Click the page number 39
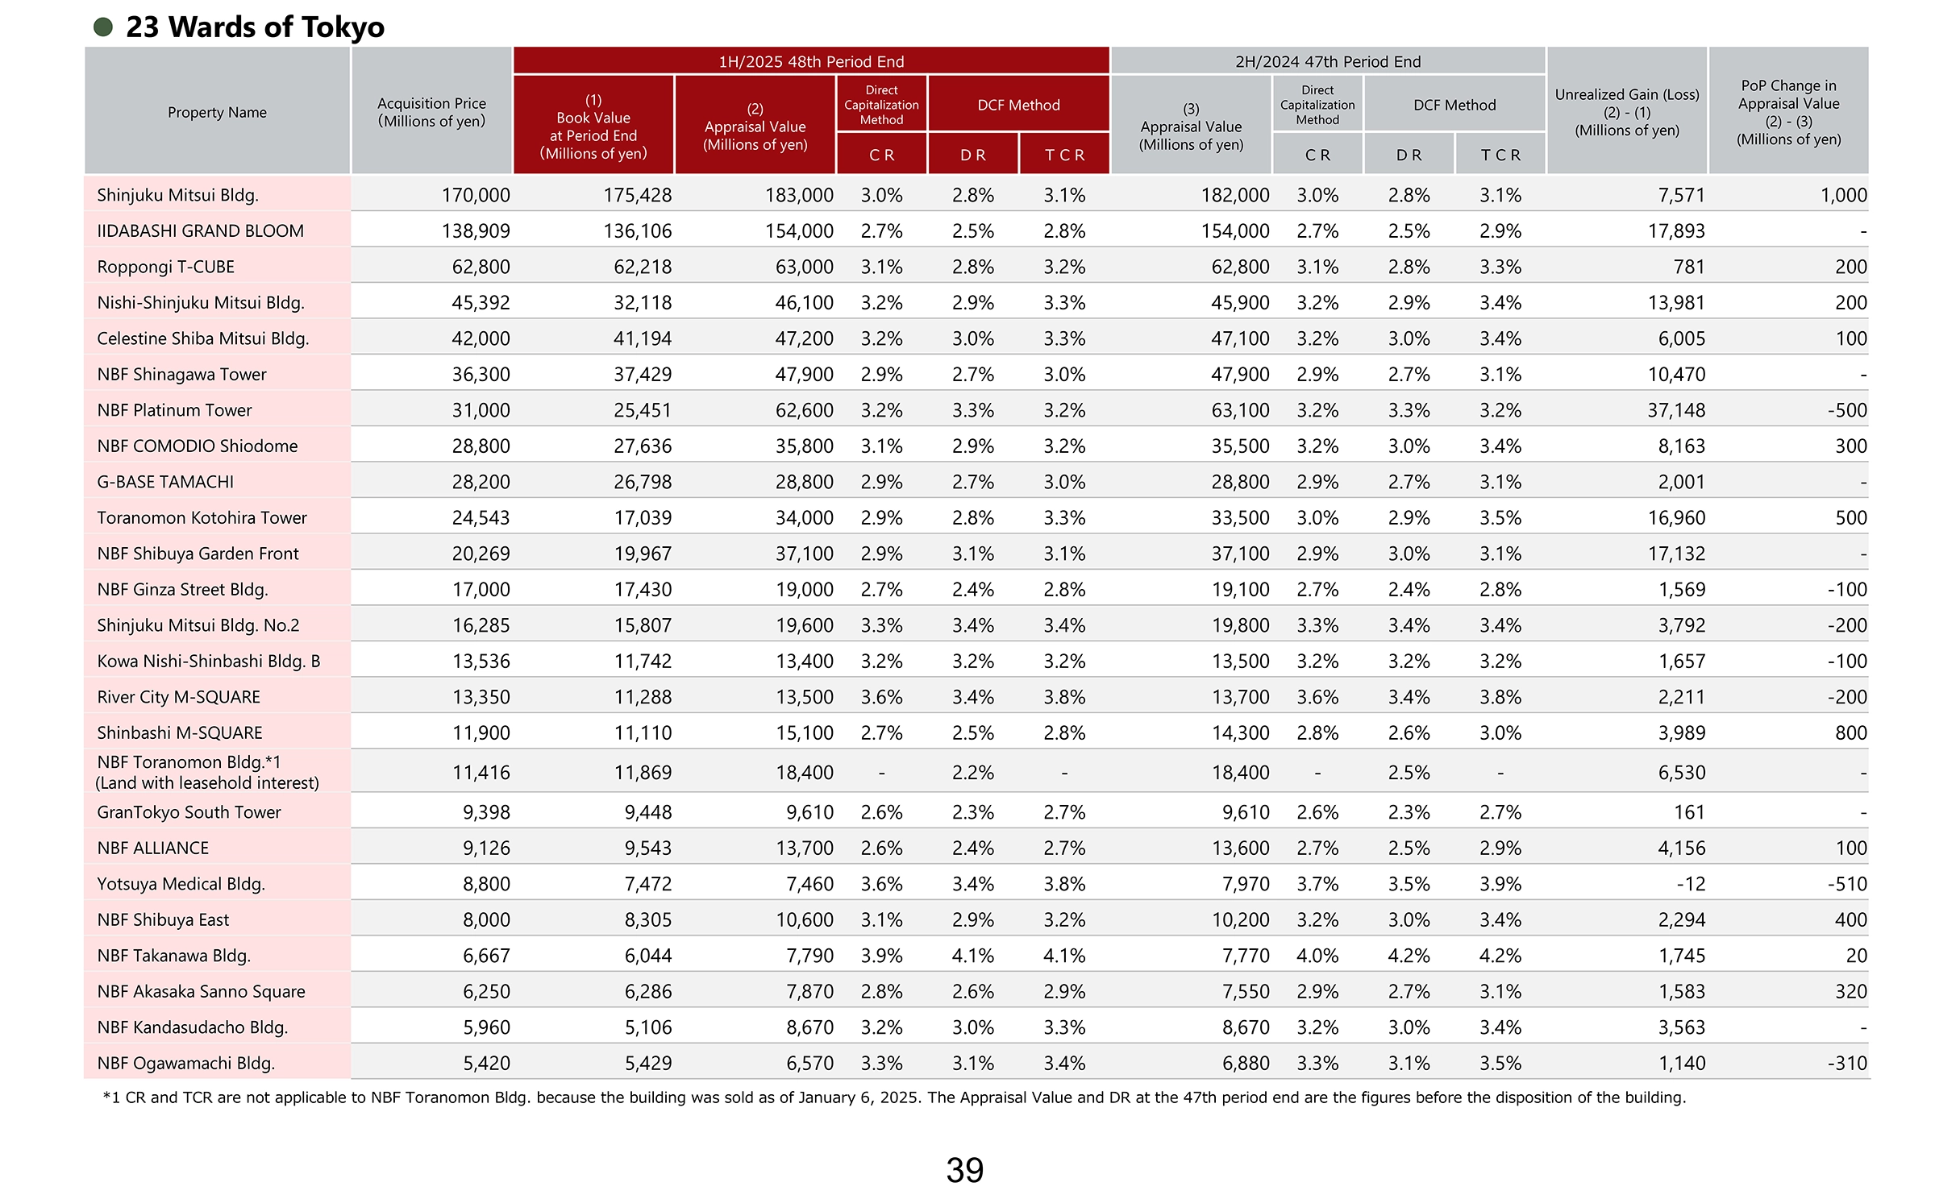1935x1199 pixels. [x=964, y=1170]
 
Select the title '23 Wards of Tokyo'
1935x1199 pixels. [x=255, y=27]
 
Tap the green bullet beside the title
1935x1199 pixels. [x=103, y=27]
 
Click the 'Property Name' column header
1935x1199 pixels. [x=217, y=112]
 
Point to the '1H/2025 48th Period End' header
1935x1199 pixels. [x=811, y=61]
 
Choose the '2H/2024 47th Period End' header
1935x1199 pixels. [x=1328, y=61]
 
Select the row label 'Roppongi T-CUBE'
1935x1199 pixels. [x=165, y=267]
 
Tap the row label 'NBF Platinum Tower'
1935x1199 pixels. [x=174, y=410]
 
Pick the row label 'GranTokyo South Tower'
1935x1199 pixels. [x=189, y=812]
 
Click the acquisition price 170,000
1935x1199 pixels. [x=476, y=195]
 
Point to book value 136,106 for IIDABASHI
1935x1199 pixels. [x=637, y=231]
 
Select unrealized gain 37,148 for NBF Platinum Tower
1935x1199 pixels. [x=1676, y=410]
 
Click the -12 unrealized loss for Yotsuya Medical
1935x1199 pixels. [x=1691, y=884]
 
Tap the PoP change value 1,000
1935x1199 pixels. [x=1843, y=195]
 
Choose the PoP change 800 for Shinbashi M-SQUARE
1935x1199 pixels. [x=1850, y=732]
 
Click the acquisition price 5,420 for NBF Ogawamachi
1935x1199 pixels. [x=486, y=1063]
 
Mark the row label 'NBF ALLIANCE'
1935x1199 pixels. [x=152, y=848]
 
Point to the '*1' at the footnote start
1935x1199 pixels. [x=111, y=1097]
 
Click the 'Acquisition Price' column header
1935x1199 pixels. [x=431, y=112]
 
